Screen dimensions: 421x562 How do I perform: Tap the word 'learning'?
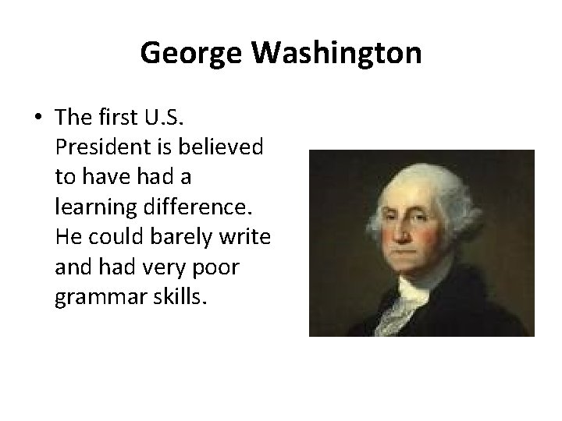tap(91, 210)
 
